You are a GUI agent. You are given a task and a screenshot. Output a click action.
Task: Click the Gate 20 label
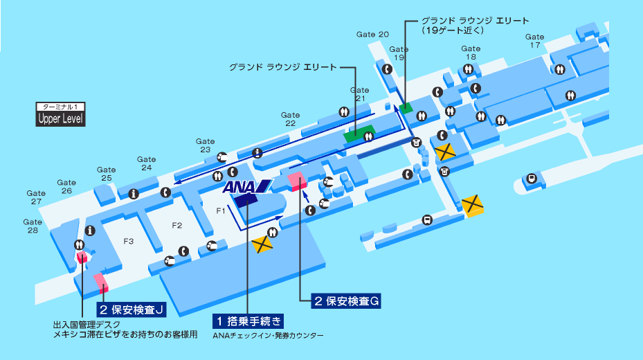372,35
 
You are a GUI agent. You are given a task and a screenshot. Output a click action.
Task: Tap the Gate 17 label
534,41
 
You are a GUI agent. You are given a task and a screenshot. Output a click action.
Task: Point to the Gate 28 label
33,226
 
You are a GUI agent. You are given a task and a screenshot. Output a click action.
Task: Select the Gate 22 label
290,119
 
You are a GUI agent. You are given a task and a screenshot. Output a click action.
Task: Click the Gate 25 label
106,174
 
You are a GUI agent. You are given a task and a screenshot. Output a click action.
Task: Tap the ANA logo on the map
246,186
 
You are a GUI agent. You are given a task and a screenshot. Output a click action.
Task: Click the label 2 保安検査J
132,309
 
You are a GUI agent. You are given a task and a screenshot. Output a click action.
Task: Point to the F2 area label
176,225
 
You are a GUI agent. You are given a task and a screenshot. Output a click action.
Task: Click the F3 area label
128,241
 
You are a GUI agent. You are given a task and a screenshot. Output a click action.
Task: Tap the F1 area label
221,209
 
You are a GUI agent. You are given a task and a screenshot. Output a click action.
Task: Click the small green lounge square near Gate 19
404,107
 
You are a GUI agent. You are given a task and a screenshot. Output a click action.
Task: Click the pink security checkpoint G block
298,181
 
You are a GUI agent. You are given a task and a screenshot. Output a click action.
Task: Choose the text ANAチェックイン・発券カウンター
268,336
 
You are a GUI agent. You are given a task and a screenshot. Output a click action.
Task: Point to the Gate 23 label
205,145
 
